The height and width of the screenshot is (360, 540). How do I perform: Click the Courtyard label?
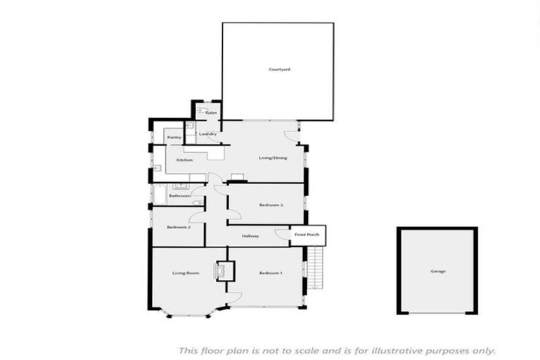tap(279, 70)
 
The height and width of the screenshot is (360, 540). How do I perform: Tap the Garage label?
tap(438, 271)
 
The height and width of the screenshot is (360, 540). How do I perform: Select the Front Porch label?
tap(307, 234)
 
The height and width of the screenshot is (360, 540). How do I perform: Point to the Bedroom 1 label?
tap(270, 273)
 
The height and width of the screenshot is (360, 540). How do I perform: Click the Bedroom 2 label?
tap(179, 227)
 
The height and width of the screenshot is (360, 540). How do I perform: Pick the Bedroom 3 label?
tap(271, 205)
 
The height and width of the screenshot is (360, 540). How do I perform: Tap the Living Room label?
tap(186, 273)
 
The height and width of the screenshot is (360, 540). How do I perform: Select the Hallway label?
tap(250, 236)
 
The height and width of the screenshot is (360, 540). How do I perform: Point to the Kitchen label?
tap(184, 160)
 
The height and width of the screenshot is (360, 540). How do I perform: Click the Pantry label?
tap(174, 137)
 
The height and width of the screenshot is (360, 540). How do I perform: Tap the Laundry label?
tap(207, 134)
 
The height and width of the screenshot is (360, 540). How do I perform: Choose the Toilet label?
tap(210, 112)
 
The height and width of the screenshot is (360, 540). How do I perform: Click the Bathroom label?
tap(179, 195)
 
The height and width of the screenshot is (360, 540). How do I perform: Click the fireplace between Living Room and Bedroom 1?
tap(224, 271)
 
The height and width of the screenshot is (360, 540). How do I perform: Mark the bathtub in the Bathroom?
tap(159, 194)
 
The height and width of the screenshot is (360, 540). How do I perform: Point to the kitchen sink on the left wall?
tap(157, 167)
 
